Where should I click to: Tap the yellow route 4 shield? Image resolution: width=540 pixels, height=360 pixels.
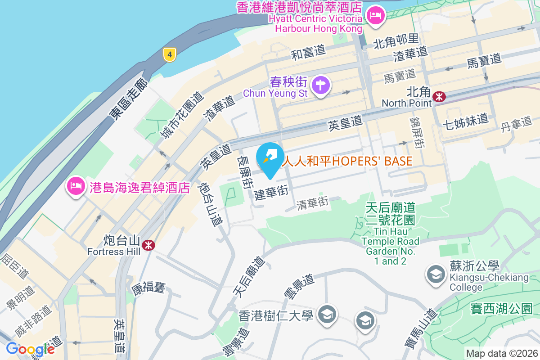coord(169,55)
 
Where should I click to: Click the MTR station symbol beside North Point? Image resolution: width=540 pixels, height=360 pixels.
coord(439,96)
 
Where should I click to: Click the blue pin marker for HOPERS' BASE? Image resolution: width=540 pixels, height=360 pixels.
coord(270,159)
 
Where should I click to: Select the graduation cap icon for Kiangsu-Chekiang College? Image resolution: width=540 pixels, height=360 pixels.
coord(436,274)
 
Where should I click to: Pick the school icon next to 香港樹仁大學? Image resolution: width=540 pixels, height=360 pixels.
coord(325,314)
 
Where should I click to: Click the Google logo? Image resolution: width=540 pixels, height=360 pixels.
coord(30,349)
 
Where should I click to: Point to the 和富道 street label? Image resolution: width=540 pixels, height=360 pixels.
coord(308,53)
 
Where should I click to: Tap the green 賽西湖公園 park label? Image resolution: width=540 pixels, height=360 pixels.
coord(501,309)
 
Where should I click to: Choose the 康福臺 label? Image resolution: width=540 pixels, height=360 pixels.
coord(148,288)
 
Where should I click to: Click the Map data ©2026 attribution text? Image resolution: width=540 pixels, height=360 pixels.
coord(502,353)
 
